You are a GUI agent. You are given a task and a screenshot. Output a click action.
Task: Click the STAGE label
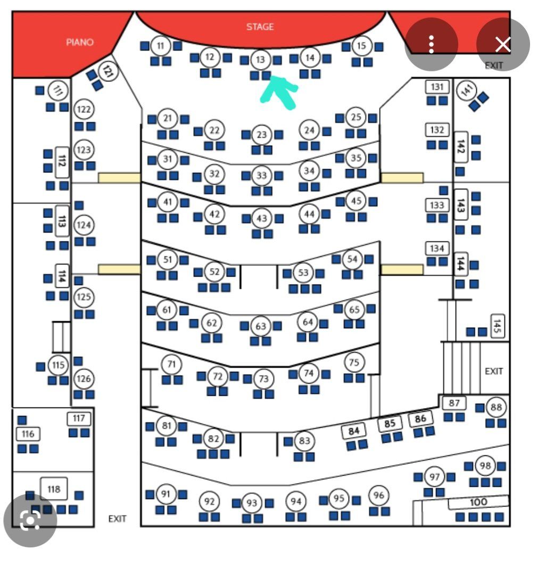pos(260,27)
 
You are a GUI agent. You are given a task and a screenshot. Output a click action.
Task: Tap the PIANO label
pos(79,42)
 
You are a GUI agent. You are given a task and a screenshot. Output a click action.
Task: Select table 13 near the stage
pos(260,59)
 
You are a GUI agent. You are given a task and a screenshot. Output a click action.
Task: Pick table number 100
pos(478,502)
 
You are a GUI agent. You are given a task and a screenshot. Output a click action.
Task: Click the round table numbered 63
pos(260,326)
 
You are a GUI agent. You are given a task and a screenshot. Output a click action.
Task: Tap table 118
pos(54,489)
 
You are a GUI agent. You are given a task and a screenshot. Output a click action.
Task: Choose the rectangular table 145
pos(497,326)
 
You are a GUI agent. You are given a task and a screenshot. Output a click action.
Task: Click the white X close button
pos(503,45)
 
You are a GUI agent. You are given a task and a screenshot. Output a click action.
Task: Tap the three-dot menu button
pos(432,44)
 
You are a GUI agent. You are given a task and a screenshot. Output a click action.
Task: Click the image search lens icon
pos(30,520)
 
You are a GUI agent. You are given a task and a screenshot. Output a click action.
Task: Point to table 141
pos(467,90)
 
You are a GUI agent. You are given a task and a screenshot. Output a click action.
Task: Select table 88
pos(496,407)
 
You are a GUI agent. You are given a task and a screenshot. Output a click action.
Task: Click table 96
pos(378,495)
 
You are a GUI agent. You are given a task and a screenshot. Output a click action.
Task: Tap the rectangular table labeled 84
pos(353,431)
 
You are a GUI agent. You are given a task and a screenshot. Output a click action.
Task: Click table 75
pos(354,362)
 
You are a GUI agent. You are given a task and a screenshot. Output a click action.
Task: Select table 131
pos(437,87)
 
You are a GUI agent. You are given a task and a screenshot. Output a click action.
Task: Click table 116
pos(28,434)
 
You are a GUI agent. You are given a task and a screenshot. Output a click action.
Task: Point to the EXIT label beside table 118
pos(117,519)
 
